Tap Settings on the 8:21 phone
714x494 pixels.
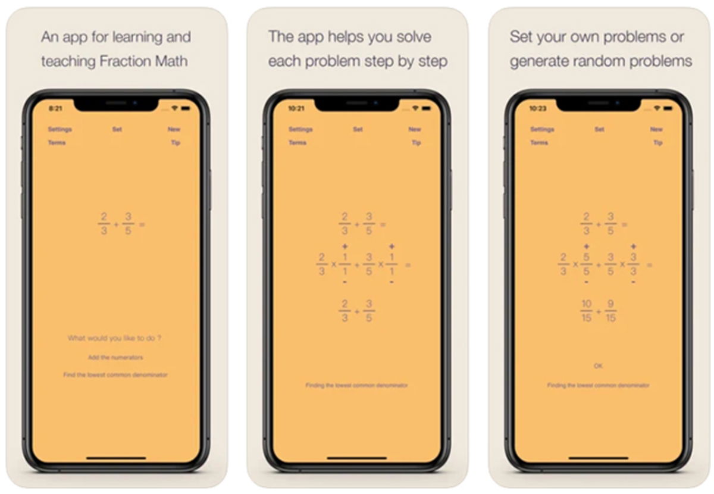[x=59, y=129]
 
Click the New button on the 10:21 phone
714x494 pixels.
[x=415, y=129]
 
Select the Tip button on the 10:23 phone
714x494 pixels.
[x=657, y=143]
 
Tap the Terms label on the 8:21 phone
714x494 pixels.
[x=57, y=143]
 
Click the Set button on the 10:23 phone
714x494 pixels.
[x=599, y=129]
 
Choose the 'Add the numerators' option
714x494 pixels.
[x=115, y=357]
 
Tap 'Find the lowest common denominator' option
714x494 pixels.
[x=115, y=375]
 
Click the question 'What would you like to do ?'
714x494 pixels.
[x=115, y=338]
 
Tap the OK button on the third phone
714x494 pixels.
[x=598, y=365]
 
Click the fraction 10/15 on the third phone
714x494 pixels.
[x=587, y=311]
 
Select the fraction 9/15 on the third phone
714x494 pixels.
[x=610, y=311]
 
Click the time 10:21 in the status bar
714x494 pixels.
[x=296, y=108]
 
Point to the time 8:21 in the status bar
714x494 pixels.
[x=55, y=108]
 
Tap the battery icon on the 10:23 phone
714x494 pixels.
[x=669, y=108]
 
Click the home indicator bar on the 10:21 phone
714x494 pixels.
[x=357, y=458]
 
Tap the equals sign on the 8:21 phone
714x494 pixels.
[x=142, y=224]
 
